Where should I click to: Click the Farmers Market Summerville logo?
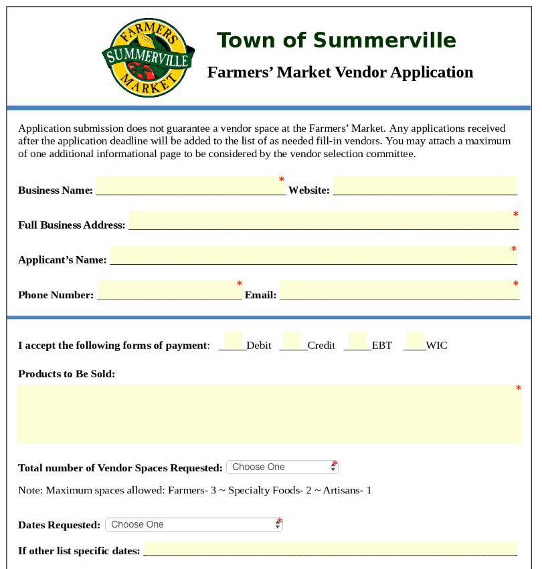click(x=148, y=58)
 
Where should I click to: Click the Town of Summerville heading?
click(x=336, y=41)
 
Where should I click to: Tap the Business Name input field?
click(x=190, y=185)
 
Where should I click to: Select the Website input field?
click(x=424, y=185)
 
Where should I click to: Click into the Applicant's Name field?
click(x=312, y=255)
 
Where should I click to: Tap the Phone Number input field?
click(x=169, y=290)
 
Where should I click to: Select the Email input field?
click(x=399, y=290)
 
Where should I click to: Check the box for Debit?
click(x=233, y=340)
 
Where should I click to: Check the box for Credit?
click(x=292, y=340)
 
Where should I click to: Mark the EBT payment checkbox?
click(x=357, y=340)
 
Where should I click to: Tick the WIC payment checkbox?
click(x=415, y=340)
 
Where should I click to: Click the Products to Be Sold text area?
click(x=269, y=414)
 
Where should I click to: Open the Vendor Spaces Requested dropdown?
click(x=282, y=467)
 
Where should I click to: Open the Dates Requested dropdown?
click(x=193, y=525)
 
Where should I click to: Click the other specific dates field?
click(x=330, y=549)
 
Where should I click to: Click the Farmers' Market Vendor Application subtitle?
click(x=340, y=72)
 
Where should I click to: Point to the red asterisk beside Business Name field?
click(x=282, y=180)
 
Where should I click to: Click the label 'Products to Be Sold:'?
click(x=67, y=374)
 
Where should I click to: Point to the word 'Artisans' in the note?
click(x=341, y=491)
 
